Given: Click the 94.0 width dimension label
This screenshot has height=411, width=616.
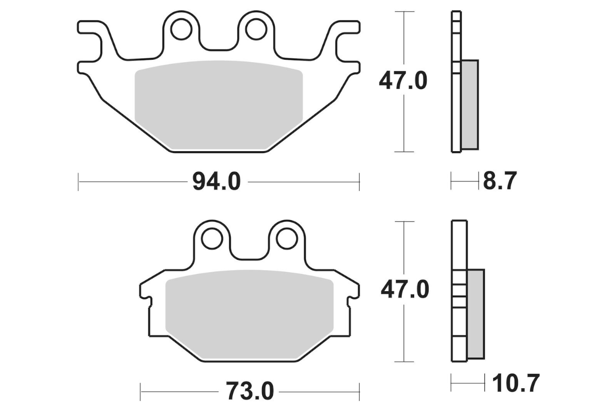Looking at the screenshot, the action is tap(217, 182).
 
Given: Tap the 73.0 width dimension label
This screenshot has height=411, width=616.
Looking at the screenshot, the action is tap(250, 391).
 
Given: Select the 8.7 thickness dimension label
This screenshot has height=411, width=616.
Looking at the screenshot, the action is tap(500, 181).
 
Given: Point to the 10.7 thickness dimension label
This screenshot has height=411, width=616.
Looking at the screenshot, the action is tap(516, 383).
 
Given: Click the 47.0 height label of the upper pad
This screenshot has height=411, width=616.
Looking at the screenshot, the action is tap(403, 81).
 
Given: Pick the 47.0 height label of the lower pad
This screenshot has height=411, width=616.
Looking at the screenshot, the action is tap(405, 289).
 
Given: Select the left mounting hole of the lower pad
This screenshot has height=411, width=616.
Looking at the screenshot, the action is tap(212, 238).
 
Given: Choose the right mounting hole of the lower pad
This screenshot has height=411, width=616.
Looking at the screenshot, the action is tap(287, 238).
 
